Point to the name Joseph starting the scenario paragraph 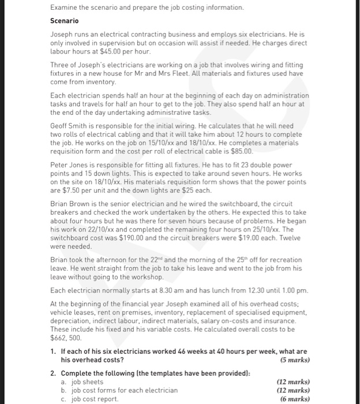click(63, 33)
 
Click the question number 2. click(53, 373)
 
